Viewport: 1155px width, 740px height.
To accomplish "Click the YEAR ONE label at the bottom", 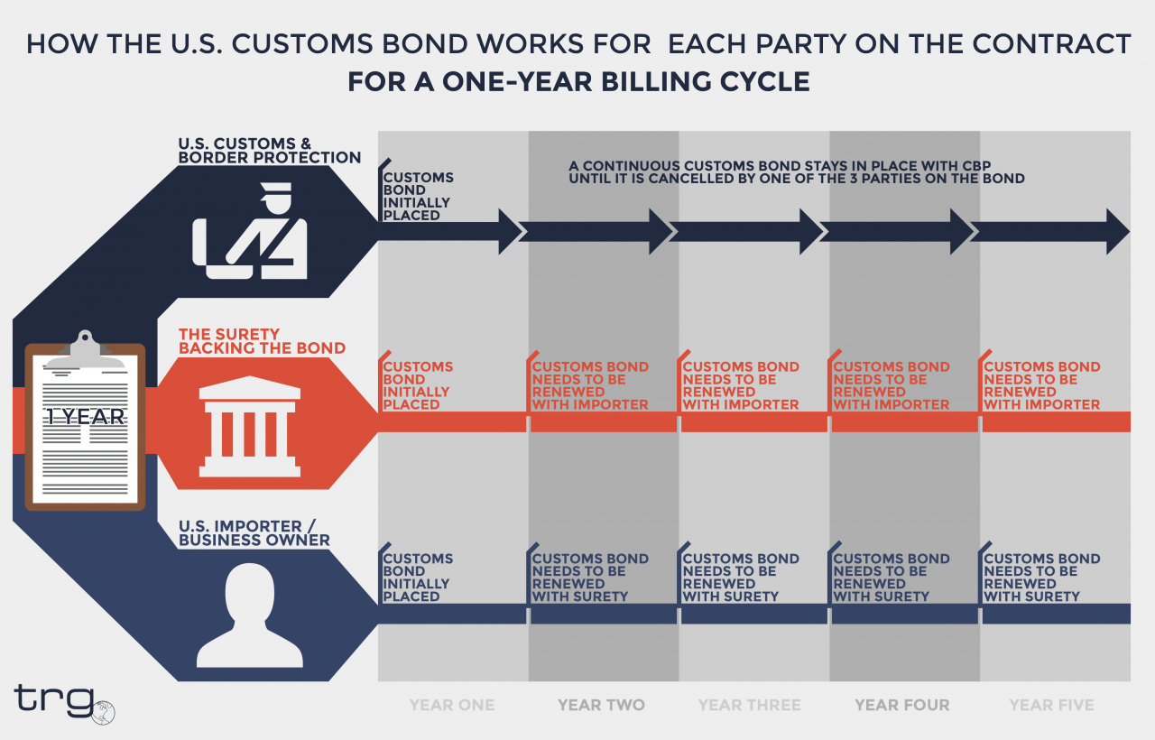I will click(x=452, y=705).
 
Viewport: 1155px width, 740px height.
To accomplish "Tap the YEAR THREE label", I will click(x=750, y=705).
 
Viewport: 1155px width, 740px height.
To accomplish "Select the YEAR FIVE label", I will click(x=1051, y=705).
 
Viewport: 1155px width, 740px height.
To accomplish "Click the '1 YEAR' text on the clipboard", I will click(x=86, y=417).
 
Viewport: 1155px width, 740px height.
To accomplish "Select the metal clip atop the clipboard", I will click(x=85, y=347).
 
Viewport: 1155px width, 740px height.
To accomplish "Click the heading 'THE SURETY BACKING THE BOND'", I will click(x=262, y=341).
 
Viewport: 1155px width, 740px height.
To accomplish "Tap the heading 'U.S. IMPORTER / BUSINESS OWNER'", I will click(x=254, y=533).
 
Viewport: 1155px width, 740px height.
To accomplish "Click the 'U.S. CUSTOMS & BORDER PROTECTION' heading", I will click(x=269, y=151).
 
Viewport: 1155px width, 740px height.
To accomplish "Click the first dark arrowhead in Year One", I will click(x=509, y=231).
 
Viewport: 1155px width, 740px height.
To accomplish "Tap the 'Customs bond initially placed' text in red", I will click(x=418, y=386).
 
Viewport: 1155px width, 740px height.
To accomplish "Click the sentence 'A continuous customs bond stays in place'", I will click(x=796, y=171).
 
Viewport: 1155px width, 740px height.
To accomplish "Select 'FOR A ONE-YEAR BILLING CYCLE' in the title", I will click(x=578, y=82).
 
